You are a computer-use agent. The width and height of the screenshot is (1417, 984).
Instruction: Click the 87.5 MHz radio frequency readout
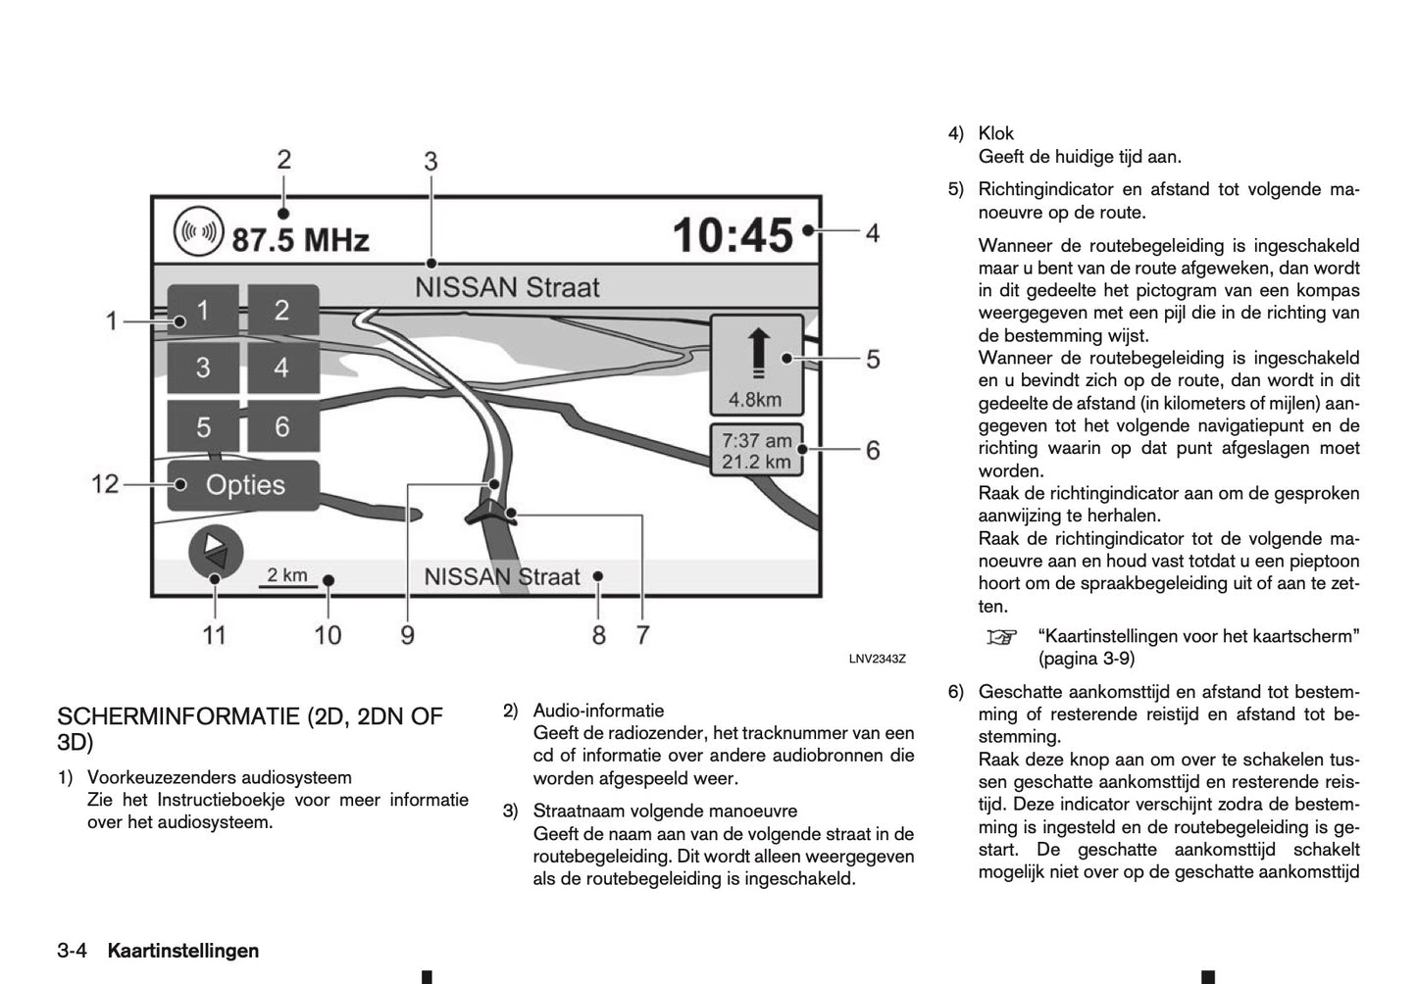[x=299, y=238]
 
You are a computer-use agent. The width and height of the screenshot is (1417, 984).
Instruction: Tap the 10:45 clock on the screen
[x=733, y=235]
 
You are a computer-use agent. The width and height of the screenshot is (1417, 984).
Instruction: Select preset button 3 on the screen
[x=203, y=369]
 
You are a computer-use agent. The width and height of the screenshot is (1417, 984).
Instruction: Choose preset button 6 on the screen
[x=282, y=427]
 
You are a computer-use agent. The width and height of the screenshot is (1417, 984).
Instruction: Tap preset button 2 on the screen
[x=282, y=311]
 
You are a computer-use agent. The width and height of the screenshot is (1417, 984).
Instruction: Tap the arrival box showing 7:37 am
[x=756, y=451]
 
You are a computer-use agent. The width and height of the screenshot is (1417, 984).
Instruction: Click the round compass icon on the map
[x=216, y=552]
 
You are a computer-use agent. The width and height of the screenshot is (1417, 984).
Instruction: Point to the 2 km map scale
[x=287, y=577]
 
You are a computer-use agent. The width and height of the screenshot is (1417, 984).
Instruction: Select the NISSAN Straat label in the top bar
[x=507, y=288]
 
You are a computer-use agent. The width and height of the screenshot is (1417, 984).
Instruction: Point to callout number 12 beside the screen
[x=105, y=484]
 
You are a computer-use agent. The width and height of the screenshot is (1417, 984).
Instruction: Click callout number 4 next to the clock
[x=872, y=233]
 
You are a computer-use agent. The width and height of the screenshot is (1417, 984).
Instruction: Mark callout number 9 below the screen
[x=407, y=635]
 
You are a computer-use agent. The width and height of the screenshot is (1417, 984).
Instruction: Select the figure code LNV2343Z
[x=877, y=659]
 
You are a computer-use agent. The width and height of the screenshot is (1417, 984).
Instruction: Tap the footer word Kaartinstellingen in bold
[x=183, y=951]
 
